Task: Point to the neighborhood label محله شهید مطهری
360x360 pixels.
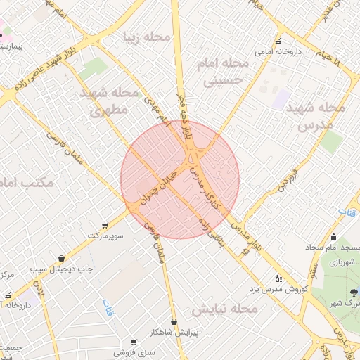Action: pyautogui.click(x=107, y=101)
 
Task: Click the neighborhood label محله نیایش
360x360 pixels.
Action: pyautogui.click(x=225, y=309)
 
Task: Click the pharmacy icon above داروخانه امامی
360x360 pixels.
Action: pyautogui.click(x=278, y=41)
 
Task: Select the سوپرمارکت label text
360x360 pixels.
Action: pyautogui.click(x=105, y=236)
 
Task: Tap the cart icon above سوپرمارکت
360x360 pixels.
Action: pyautogui.click(x=105, y=225)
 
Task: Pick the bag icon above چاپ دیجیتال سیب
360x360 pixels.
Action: pyautogui.click(x=63, y=258)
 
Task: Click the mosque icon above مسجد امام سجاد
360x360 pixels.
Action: pyautogui.click(x=333, y=237)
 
